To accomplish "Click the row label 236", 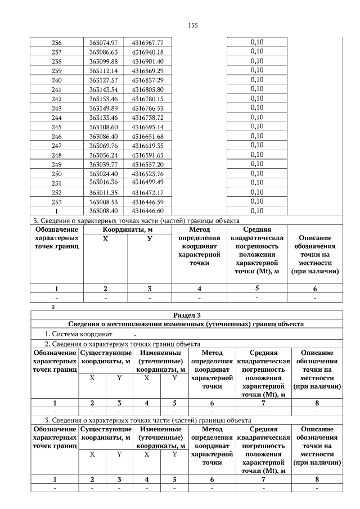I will pos(56,42).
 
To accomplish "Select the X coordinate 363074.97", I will pos(103,42).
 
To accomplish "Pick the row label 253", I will pos(56,201).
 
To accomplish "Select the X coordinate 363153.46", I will pos(103,98).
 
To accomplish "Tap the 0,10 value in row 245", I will pos(256,127).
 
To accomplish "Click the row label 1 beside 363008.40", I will pos(56,210).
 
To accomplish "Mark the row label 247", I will pos(56,145).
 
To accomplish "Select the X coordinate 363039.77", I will pos(103,164).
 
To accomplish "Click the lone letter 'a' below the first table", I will pos(53,307).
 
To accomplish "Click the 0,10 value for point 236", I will pos(256,42).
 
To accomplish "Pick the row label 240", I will pos(56,80).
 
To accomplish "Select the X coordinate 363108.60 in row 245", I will pos(103,127).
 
